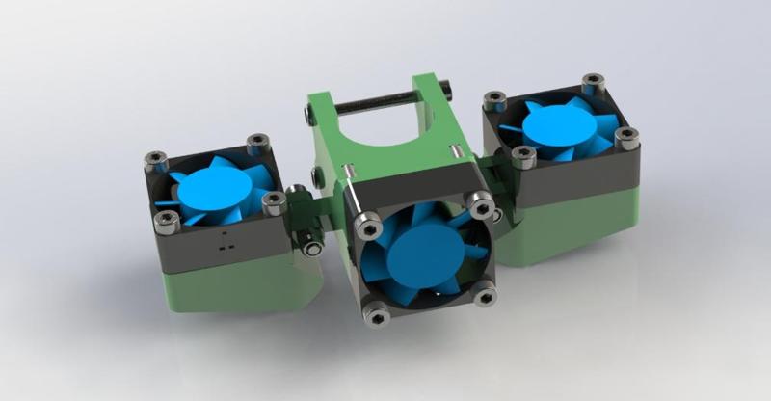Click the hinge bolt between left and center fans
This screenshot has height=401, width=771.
coord(310,246)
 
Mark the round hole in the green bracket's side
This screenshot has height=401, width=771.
coord(319,176)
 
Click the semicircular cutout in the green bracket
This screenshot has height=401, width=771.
coord(386,135)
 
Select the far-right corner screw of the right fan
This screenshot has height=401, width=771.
coord(626,138)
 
